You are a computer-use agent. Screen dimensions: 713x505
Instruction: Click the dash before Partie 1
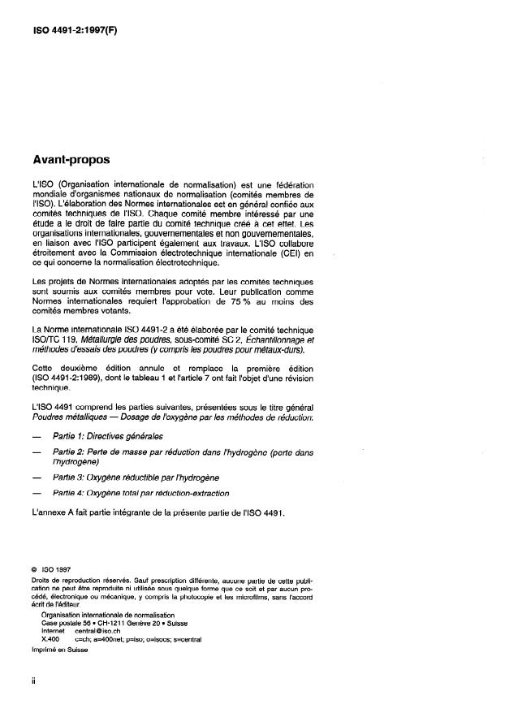click(x=34, y=436)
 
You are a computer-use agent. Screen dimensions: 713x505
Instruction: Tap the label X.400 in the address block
click(x=50, y=638)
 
